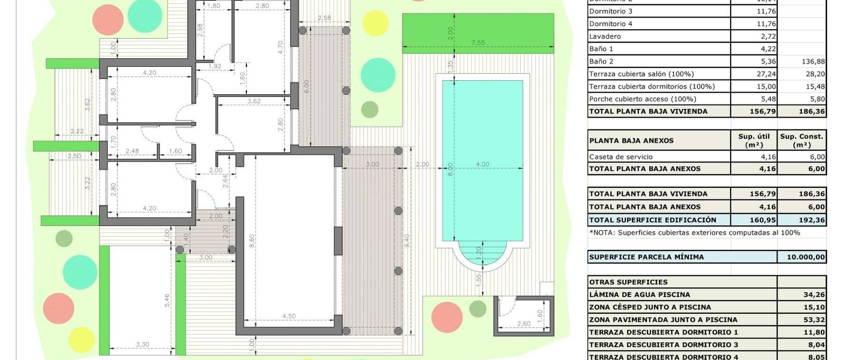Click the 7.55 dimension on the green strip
click(x=478, y=43)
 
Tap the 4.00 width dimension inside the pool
click(x=482, y=164)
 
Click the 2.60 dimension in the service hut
click(x=523, y=324)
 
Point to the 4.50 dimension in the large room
click(x=288, y=316)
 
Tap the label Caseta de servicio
click(x=620, y=157)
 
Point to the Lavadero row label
click(x=605, y=36)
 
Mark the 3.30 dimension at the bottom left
click(x=142, y=345)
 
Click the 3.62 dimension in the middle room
click(x=254, y=101)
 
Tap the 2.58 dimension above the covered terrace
click(x=324, y=18)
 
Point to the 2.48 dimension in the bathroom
click(x=132, y=151)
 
